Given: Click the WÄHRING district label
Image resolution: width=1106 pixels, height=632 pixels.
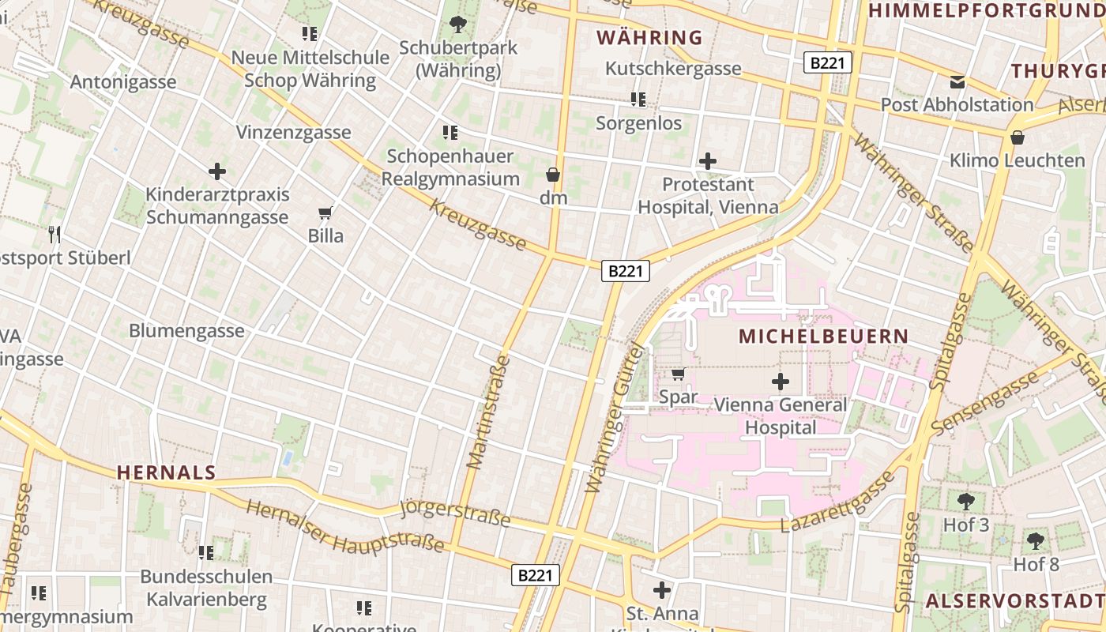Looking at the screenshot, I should (x=649, y=37).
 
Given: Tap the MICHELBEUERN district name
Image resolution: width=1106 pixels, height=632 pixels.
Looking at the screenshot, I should (x=823, y=336).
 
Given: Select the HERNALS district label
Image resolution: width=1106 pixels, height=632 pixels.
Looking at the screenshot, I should (x=166, y=472).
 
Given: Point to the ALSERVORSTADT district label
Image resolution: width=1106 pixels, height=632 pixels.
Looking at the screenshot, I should (x=1014, y=600).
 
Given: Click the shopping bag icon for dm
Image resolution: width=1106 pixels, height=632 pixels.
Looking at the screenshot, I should (x=553, y=175).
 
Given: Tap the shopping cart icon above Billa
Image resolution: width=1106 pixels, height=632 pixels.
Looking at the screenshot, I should (x=325, y=213).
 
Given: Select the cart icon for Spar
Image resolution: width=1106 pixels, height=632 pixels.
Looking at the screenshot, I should (x=678, y=374).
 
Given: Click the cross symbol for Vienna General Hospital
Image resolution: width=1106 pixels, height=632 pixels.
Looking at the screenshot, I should (x=781, y=382).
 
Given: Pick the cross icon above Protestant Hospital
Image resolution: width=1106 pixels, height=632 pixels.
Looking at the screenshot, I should (x=708, y=162).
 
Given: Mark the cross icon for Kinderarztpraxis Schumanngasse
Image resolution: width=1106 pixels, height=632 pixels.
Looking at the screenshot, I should (x=217, y=171).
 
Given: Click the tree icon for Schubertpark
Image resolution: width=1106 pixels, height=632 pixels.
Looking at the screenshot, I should (x=457, y=24).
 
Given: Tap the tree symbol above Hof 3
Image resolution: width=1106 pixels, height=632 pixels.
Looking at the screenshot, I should (x=965, y=501).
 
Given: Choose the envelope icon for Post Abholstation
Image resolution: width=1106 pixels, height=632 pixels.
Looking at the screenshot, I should (x=957, y=81).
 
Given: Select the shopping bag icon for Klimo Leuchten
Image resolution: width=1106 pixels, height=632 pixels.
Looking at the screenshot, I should (x=1018, y=137).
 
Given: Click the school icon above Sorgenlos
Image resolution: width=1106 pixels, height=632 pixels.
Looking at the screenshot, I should (x=638, y=100).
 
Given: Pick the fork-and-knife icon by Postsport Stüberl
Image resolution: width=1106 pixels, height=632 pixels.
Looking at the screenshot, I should (x=54, y=234).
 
